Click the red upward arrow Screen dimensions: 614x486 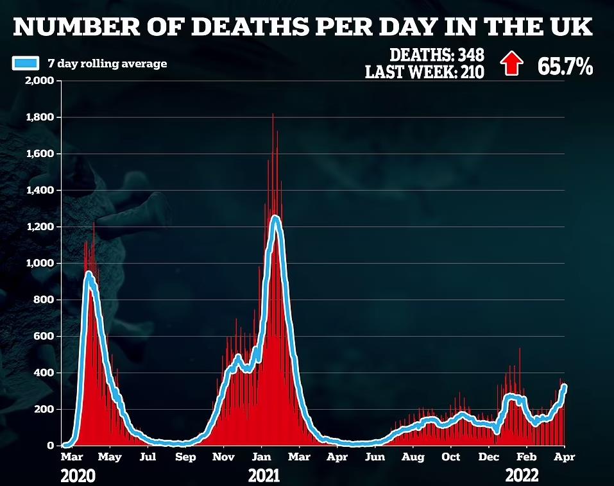[x=512, y=63]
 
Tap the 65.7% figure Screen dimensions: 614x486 [x=565, y=66]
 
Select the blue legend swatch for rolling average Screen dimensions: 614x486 [x=26, y=63]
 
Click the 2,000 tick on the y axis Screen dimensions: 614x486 [x=40, y=81]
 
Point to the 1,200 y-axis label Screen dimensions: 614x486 [x=40, y=227]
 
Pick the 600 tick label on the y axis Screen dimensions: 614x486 [x=45, y=337]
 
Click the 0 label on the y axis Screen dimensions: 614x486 [x=51, y=446]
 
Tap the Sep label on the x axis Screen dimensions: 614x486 [x=185, y=457]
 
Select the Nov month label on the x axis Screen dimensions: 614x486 [x=223, y=457]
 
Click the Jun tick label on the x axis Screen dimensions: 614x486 [x=375, y=457]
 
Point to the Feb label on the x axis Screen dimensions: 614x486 [x=526, y=457]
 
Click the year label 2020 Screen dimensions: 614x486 [x=78, y=476]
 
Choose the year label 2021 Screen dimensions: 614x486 [x=264, y=476]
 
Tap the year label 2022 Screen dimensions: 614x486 [x=522, y=476]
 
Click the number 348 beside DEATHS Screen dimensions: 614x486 [x=472, y=55]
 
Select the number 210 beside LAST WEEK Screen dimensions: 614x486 [x=472, y=72]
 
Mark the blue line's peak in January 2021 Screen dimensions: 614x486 [x=276, y=217]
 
